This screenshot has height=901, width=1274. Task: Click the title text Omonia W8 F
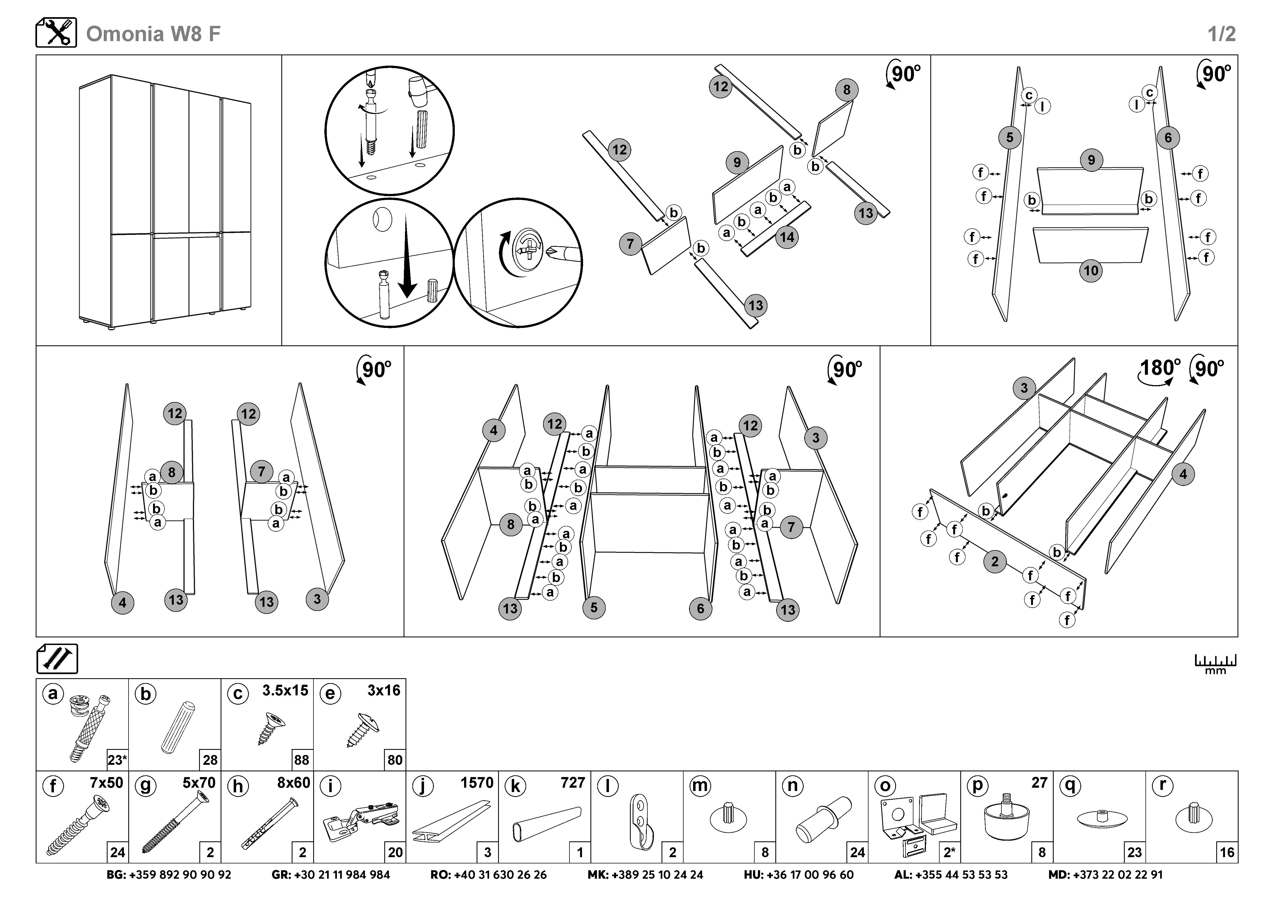(153, 34)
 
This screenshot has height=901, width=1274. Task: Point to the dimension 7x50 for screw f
(106, 783)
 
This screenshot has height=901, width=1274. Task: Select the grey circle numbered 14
(787, 238)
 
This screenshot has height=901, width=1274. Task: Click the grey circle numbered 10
(1091, 271)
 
